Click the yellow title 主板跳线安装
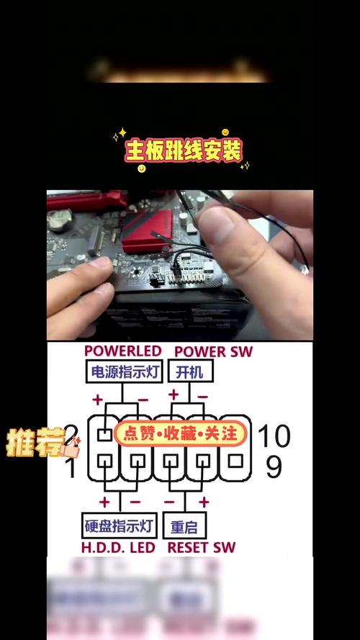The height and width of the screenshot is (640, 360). [184, 151]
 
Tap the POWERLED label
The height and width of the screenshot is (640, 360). [122, 351]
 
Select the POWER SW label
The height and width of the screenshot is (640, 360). [213, 351]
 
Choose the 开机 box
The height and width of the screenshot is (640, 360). [189, 371]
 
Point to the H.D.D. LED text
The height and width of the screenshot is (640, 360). [118, 548]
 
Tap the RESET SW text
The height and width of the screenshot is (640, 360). [201, 548]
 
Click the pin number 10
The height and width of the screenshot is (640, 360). [274, 436]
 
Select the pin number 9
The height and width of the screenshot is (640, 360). [274, 467]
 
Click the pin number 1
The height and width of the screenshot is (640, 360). [71, 469]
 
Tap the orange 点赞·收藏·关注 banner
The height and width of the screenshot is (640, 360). [180, 433]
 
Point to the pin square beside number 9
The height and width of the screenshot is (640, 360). [235, 461]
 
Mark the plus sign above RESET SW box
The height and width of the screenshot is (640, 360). [204, 502]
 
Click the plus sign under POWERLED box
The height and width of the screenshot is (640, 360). [97, 398]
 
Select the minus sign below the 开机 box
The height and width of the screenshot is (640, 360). [202, 396]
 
